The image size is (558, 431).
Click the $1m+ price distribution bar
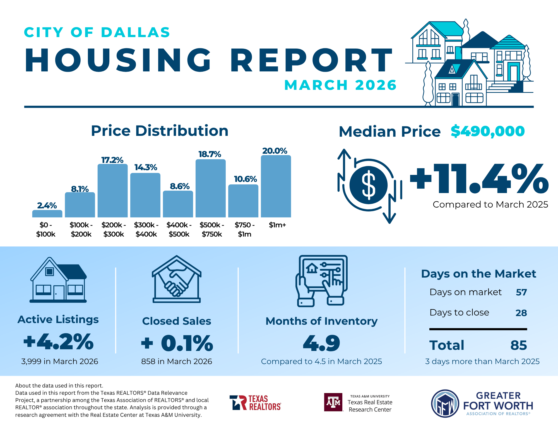click(x=276, y=186)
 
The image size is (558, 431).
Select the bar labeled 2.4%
click(x=47, y=214)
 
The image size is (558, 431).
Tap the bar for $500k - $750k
click(x=211, y=188)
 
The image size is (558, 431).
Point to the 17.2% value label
click(x=112, y=160)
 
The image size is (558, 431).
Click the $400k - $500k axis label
click(x=179, y=229)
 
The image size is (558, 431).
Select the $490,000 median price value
click(x=488, y=131)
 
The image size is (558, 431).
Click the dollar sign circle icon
click(x=369, y=185)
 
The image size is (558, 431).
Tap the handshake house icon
click(x=177, y=279)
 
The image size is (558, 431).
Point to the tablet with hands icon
click(x=322, y=281)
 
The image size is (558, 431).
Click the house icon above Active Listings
click(x=58, y=280)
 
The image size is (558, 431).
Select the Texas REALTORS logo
click(x=255, y=403)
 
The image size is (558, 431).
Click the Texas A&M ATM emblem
click(x=333, y=402)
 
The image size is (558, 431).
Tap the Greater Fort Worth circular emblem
click(x=445, y=403)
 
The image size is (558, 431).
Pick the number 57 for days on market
click(x=521, y=292)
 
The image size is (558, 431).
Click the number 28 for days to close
click(x=521, y=313)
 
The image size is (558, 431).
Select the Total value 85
click(x=519, y=345)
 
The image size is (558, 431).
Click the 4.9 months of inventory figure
click(x=322, y=343)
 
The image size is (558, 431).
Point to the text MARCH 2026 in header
click(x=340, y=85)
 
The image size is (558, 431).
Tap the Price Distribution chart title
click(x=160, y=131)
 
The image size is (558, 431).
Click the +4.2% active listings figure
click(x=59, y=341)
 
